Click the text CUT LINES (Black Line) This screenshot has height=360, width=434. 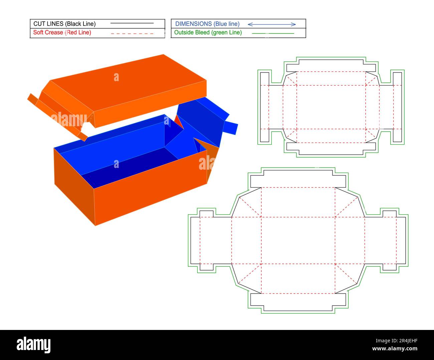pos(64,24)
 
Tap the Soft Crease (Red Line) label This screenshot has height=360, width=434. pos(62,32)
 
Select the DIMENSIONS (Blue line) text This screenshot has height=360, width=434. pos(207,24)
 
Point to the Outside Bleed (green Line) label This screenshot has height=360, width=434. pos(208,32)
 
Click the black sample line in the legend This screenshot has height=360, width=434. pos(132,23)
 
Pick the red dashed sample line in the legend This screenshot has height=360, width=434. pos(132,33)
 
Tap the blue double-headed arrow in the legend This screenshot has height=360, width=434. pos(271,24)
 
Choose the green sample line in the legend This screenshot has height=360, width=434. pos(273,33)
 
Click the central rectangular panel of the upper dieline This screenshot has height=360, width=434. pos(331,107)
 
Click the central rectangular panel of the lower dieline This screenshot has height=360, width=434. pos(298,240)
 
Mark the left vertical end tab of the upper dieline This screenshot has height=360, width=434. pos(264,107)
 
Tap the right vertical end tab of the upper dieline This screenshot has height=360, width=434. pos(397,107)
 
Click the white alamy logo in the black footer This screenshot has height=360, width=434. pos(33,344)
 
